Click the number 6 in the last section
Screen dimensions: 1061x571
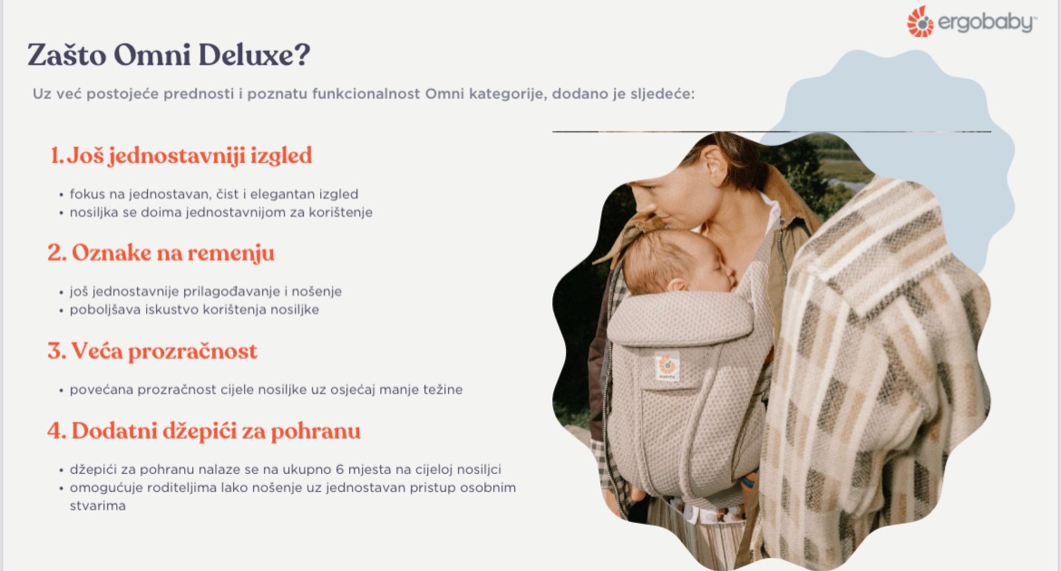340,469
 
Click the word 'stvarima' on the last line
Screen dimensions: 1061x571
97,506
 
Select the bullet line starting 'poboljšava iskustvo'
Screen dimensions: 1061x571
194,310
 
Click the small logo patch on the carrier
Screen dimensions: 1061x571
667,367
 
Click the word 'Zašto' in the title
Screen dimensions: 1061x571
67,54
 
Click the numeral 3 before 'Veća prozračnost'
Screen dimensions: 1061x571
55,351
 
